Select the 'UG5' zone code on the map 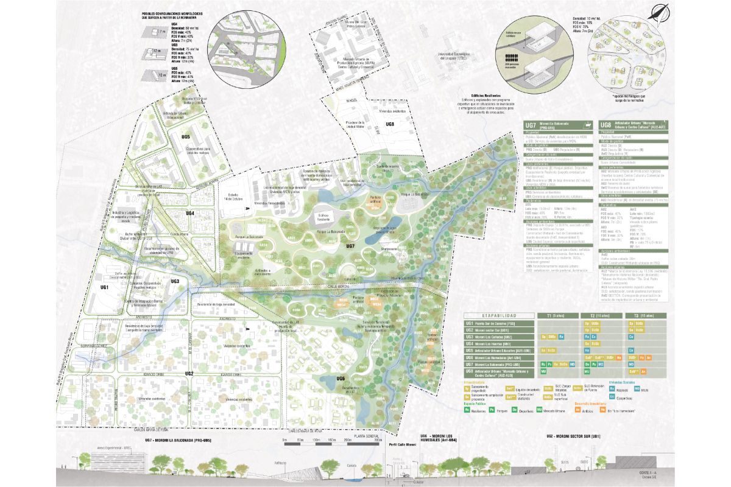(185, 136)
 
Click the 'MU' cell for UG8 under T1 (552, 371)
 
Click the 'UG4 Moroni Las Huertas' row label (493, 343)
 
